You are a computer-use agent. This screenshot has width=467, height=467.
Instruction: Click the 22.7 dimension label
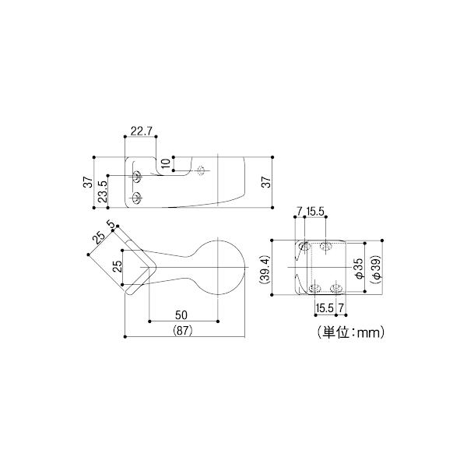click(142, 131)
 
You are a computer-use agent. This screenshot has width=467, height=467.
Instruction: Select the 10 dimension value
click(167, 163)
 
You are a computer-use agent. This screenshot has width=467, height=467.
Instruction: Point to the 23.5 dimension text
click(103, 191)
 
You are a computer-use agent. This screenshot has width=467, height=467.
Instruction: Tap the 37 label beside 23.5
click(89, 182)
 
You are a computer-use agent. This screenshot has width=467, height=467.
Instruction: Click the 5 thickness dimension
click(111, 223)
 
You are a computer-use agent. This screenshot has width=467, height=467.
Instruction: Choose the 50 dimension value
click(181, 314)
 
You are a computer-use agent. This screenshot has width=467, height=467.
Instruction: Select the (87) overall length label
click(183, 330)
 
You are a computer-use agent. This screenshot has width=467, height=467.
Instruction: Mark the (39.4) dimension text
click(264, 268)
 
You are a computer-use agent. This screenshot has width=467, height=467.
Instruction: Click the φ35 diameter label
click(360, 268)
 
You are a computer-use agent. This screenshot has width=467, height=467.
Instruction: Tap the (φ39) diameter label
click(376, 268)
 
